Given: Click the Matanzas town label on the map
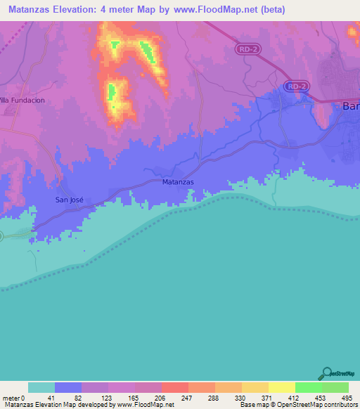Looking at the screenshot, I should coord(177,181).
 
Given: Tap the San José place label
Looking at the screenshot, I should coord(70,200).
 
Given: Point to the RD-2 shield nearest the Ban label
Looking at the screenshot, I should coord(297,86).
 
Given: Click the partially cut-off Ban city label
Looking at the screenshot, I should coord(350,106).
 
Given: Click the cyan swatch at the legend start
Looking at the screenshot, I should coord(41,387).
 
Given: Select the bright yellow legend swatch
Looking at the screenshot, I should coord(282,387).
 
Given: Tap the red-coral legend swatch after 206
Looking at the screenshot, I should coord(175,387).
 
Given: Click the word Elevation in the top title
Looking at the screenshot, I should coord(78,9).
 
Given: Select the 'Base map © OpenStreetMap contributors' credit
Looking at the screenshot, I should coord(298,405).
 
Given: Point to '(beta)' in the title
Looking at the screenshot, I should coord(270,9).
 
